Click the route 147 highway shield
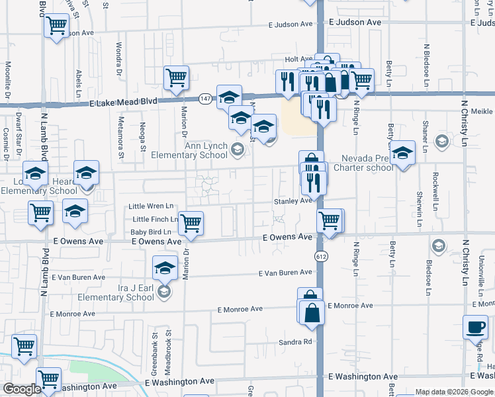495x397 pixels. (x=206, y=99)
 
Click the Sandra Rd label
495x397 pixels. (x=294, y=341)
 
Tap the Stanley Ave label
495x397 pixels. (x=292, y=200)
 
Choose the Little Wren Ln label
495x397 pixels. (x=152, y=206)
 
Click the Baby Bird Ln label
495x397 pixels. (x=150, y=232)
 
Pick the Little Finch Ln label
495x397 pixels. (x=155, y=219)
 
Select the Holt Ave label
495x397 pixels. (x=298, y=60)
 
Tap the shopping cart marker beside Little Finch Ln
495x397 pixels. (x=191, y=224)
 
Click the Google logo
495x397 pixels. (x=21, y=389)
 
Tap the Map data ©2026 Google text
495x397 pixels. (x=454, y=392)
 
